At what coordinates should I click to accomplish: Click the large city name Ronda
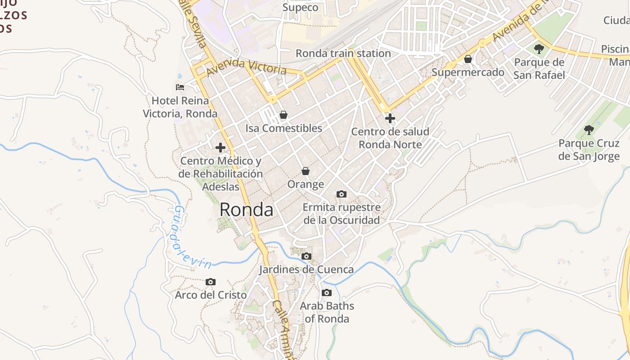pos(246,210)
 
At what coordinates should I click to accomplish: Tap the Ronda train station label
pos(343,53)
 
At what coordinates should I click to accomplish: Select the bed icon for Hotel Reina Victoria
pos(180,87)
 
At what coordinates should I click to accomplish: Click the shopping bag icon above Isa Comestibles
pos(283,115)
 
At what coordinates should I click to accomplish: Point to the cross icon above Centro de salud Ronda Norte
pos(390,118)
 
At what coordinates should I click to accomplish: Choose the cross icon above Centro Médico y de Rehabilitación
pos(220,147)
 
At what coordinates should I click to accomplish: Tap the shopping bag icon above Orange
pos(306,171)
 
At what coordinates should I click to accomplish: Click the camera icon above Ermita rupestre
pos(342,194)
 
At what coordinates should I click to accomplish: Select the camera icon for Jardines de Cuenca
pos(306,256)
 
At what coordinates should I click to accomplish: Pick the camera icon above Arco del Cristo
pos(210,282)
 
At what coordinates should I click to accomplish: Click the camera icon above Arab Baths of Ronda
pos(327,292)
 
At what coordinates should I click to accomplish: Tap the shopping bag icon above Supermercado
pos(468,59)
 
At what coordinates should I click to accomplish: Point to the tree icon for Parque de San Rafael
pos(539,49)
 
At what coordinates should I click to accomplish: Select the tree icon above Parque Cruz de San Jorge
pos(589,130)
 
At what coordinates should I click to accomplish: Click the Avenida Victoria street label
pos(247,67)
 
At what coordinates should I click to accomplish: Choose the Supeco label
pos(300,7)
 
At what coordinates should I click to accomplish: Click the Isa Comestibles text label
pos(283,128)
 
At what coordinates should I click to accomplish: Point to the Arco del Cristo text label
pos(211,295)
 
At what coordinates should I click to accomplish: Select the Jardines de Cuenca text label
pos(306,270)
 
